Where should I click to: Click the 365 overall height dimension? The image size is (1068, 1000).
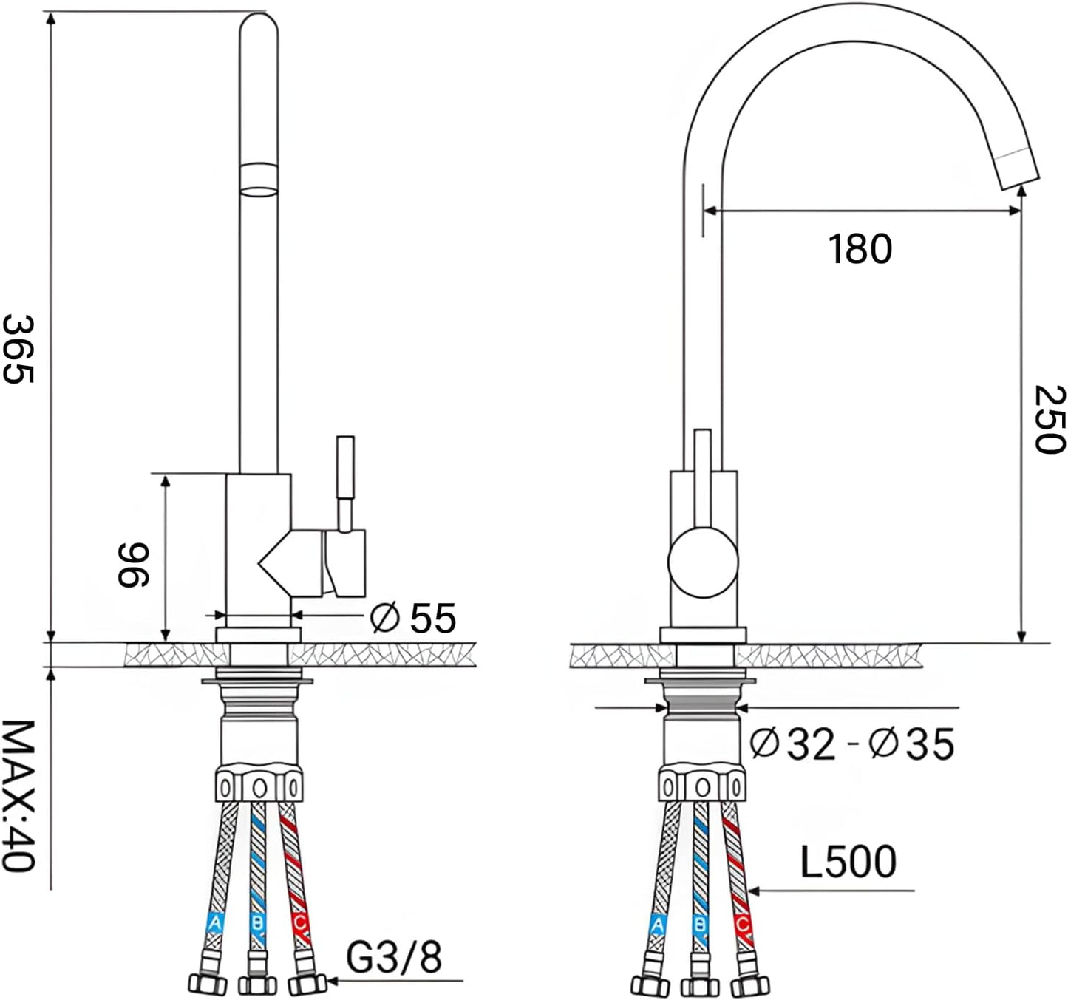[18, 349]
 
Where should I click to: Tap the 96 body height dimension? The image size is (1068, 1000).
[133, 565]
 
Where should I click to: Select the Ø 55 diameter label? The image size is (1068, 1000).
[413, 619]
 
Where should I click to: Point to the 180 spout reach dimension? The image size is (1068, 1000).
[860, 249]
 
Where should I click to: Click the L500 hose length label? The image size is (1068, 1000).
[848, 863]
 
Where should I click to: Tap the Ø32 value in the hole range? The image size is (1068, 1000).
[792, 744]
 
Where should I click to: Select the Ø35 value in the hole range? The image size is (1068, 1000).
[911, 744]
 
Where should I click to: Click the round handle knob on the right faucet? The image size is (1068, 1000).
[703, 562]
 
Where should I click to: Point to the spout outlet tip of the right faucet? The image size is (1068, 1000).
[1019, 173]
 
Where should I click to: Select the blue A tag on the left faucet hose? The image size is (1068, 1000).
[214, 924]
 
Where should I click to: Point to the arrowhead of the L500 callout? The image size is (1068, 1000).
[753, 891]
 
